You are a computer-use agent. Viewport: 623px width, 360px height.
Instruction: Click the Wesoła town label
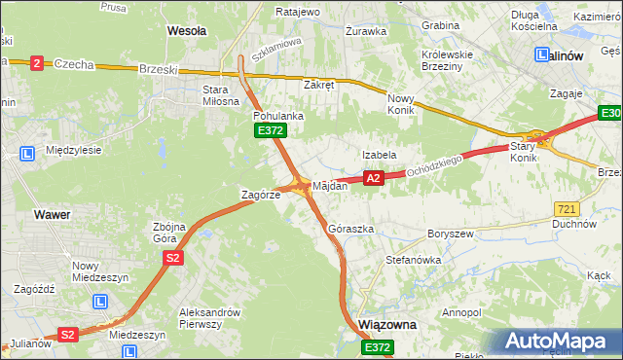(187, 31)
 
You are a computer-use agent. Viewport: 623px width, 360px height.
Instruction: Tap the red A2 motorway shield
(373, 178)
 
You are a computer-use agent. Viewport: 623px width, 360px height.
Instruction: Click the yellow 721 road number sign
(567, 209)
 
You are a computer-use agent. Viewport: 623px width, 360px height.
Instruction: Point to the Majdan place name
(330, 186)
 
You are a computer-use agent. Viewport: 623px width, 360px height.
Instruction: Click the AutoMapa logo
(559, 342)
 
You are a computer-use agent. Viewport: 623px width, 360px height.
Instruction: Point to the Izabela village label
(379, 155)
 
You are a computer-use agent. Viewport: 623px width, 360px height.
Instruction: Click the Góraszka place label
(351, 229)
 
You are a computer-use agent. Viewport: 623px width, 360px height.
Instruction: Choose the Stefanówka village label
(414, 260)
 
